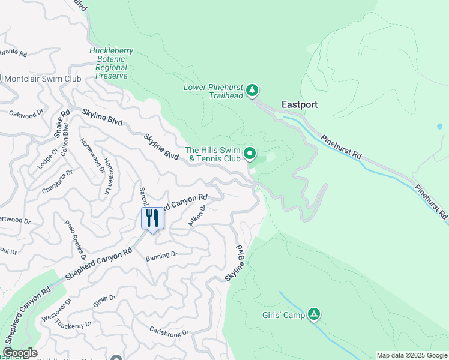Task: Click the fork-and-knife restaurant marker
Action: tap(152, 218)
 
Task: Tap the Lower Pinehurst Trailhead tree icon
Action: tap(253, 91)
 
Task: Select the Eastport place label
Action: tap(300, 104)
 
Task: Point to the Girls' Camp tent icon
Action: tap(313, 314)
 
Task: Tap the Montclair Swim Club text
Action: tap(43, 79)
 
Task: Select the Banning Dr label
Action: tap(161, 256)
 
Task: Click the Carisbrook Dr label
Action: tap(169, 332)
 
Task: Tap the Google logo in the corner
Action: tap(19, 353)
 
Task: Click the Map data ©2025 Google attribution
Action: tap(411, 355)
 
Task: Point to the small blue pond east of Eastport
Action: tap(439, 127)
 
